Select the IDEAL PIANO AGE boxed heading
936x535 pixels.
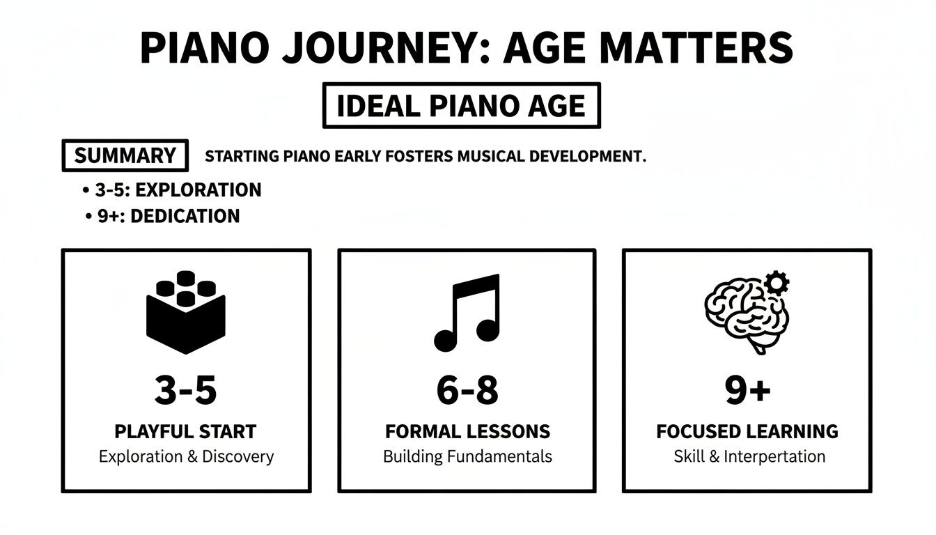click(461, 106)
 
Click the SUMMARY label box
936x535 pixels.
click(125, 155)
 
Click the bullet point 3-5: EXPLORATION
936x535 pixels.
click(172, 190)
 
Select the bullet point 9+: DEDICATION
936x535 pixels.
click(163, 216)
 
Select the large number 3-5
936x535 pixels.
click(185, 391)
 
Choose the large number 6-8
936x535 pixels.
click(467, 391)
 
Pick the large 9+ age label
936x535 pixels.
click(747, 391)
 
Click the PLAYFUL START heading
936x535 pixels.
click(185, 432)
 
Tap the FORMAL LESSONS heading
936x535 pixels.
click(467, 432)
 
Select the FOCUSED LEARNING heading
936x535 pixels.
click(747, 432)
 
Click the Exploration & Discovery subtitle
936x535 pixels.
click(186, 457)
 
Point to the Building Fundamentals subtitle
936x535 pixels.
click(467, 457)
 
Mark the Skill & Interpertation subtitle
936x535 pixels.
click(749, 457)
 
